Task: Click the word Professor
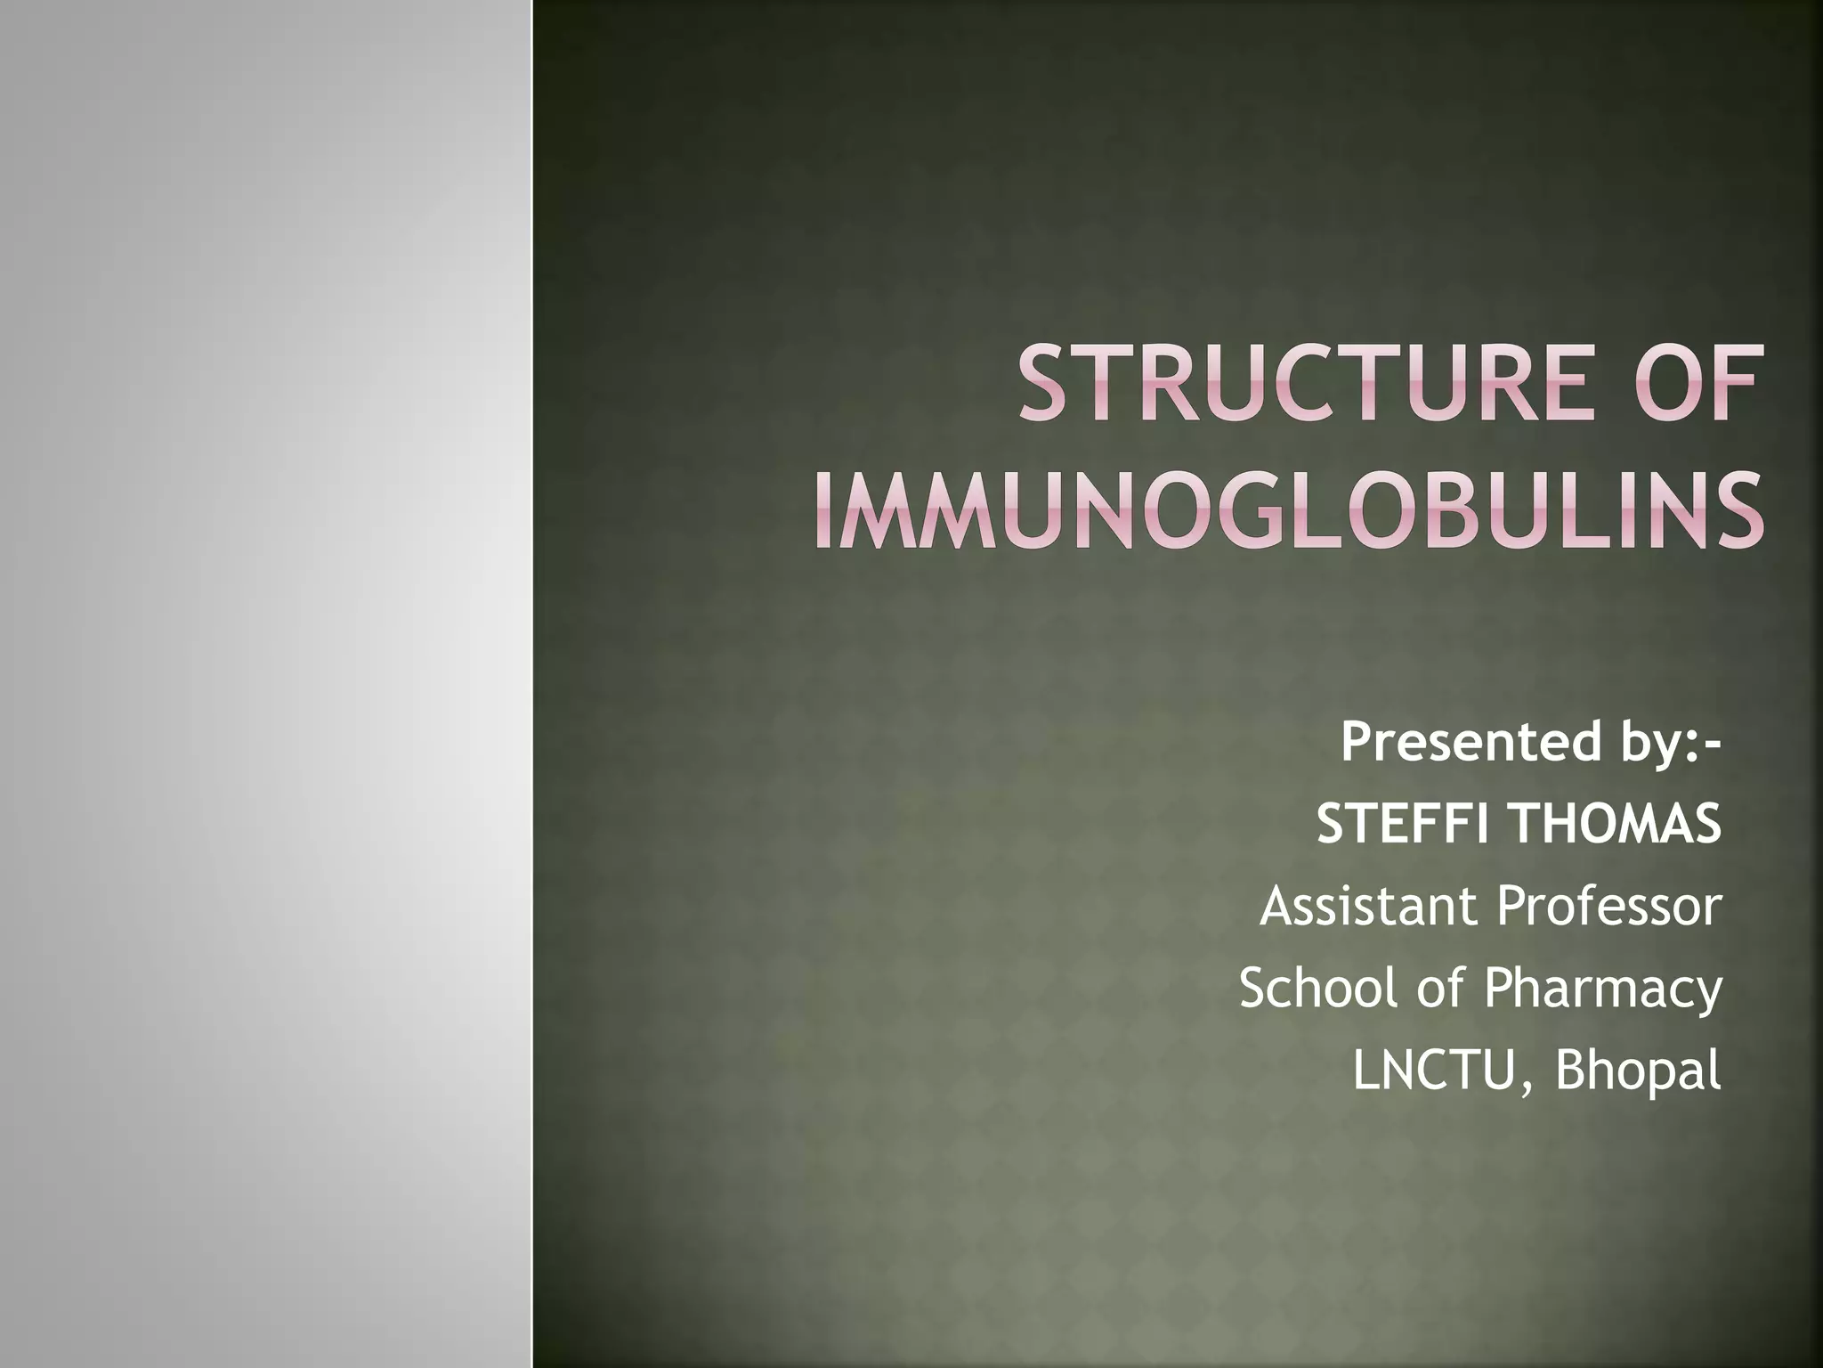[1609, 906]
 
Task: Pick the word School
[1318, 988]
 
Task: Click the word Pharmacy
[1602, 989]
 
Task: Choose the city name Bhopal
[1638, 1071]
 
